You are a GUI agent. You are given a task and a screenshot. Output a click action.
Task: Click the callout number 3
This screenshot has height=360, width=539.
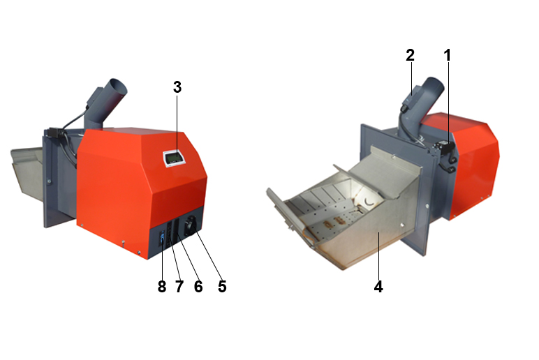coord(177,87)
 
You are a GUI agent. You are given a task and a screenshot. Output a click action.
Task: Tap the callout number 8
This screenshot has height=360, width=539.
coord(162,287)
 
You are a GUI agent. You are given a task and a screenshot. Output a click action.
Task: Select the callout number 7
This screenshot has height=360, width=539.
coord(179,287)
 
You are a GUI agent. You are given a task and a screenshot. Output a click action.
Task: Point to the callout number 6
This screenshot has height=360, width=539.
coord(198,287)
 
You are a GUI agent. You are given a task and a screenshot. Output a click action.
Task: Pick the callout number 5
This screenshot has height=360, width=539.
coord(222,287)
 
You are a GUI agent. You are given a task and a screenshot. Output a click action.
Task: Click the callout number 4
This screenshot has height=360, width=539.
coord(378,287)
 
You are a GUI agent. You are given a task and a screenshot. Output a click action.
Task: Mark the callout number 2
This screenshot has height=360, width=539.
coord(410,55)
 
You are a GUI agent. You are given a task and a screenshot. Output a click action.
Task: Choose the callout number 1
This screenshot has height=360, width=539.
coord(448,55)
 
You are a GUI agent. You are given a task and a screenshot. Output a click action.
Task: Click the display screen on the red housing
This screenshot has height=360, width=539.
coord(175,158)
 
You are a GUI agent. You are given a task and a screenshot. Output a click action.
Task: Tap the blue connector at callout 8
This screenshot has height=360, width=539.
coord(162,237)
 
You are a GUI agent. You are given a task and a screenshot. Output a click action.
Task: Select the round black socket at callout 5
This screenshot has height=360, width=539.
coord(190,227)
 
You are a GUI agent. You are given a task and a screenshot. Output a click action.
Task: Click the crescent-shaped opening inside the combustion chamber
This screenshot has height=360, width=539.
coord(369,202)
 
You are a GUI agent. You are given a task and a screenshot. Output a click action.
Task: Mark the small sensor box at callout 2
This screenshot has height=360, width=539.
coord(411,97)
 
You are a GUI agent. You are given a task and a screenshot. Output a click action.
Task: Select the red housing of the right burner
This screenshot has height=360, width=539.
coord(473,165)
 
